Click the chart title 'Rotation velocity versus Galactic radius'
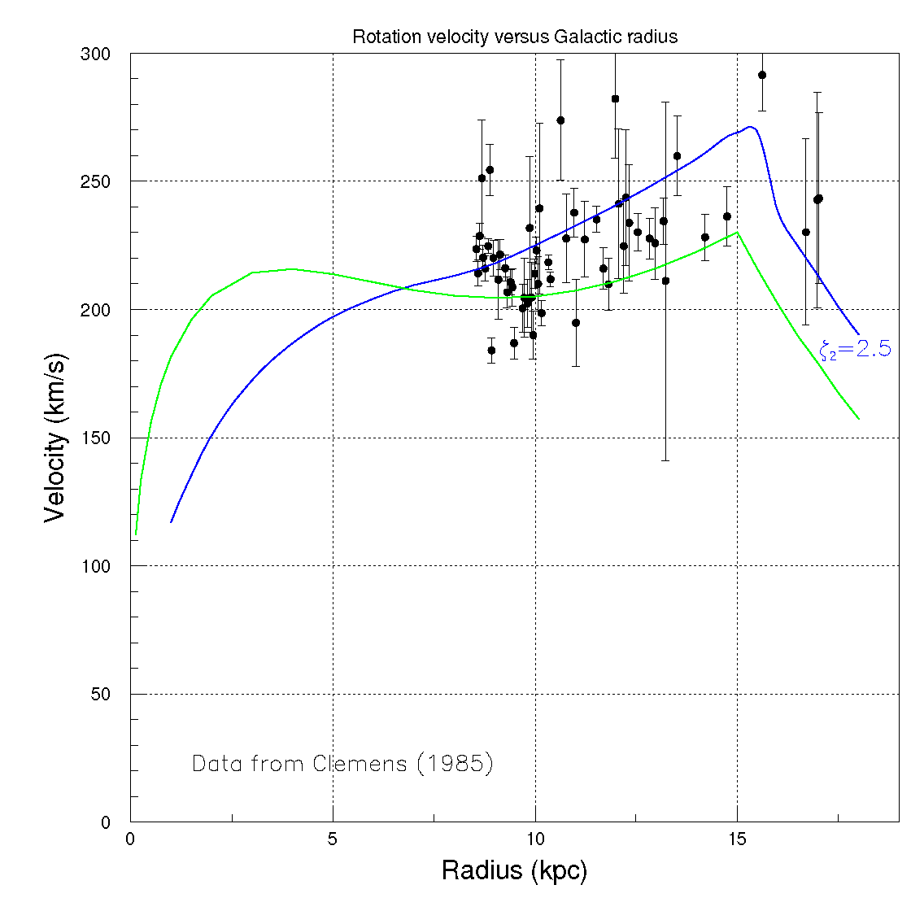[514, 37]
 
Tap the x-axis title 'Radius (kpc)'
[513, 871]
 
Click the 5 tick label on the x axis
[333, 839]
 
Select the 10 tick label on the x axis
[535, 839]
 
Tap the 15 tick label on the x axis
[737, 839]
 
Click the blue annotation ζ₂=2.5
[855, 351]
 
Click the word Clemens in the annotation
[363, 765]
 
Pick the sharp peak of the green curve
[738, 233]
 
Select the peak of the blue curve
[750, 127]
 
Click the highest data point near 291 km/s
[762, 75]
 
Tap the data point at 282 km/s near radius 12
[615, 98]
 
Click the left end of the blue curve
[172, 521]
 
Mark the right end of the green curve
[858, 419]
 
